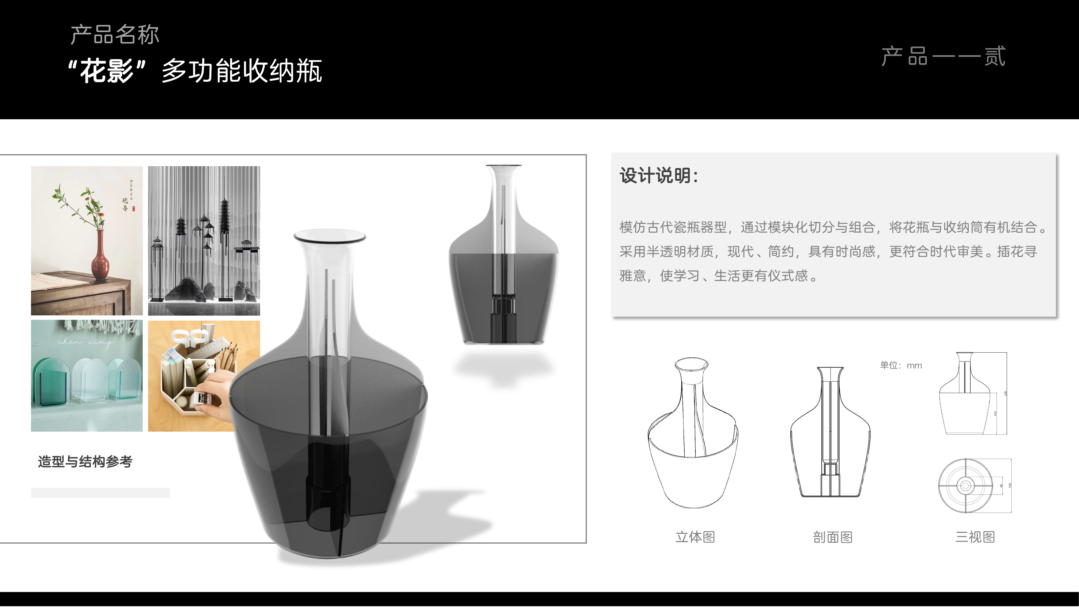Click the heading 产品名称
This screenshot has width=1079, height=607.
[114, 35]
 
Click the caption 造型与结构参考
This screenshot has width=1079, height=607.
[85, 462]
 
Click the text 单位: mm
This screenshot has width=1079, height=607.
[901, 365]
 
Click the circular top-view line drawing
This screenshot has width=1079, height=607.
[965, 486]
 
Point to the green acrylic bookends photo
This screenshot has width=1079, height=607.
[87, 376]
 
